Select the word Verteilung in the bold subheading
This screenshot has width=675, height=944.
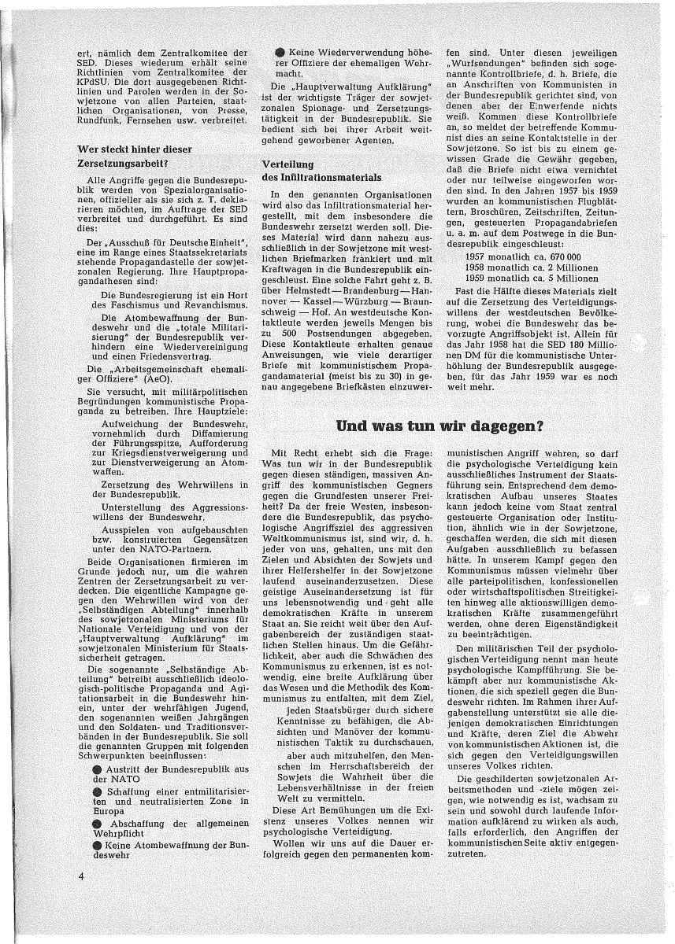287,164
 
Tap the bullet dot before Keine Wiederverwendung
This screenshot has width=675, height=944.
281,51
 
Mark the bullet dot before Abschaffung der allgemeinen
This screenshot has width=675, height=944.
96,823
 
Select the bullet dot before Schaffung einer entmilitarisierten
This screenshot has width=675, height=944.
96,790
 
